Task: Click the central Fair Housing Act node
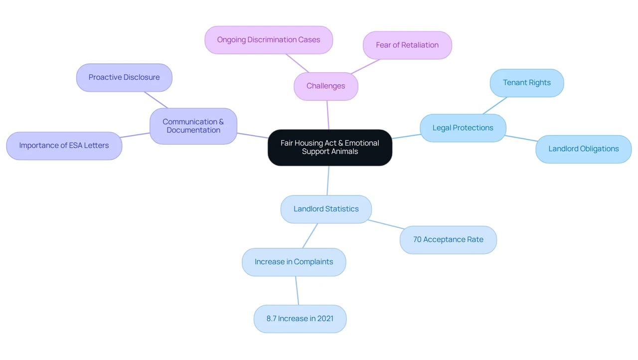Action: (330, 148)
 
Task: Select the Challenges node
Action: (326, 86)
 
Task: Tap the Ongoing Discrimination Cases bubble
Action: (269, 40)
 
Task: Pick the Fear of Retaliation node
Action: (407, 45)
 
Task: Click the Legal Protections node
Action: (463, 128)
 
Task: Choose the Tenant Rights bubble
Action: (527, 83)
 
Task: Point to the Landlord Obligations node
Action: (584, 149)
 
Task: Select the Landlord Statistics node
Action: (326, 209)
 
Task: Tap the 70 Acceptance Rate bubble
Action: (448, 240)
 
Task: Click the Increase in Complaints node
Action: (294, 262)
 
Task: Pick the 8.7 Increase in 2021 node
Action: (300, 319)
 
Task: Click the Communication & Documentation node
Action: (193, 126)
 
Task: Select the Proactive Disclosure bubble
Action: (124, 77)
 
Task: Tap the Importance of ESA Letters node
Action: (64, 146)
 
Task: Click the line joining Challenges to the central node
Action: (328, 115)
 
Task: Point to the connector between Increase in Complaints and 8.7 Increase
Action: (297, 291)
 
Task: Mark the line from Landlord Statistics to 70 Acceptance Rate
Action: (386, 224)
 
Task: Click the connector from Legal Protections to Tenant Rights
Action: (495, 105)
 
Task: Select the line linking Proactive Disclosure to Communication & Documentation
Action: (156, 100)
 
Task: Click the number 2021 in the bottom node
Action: (325, 319)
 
